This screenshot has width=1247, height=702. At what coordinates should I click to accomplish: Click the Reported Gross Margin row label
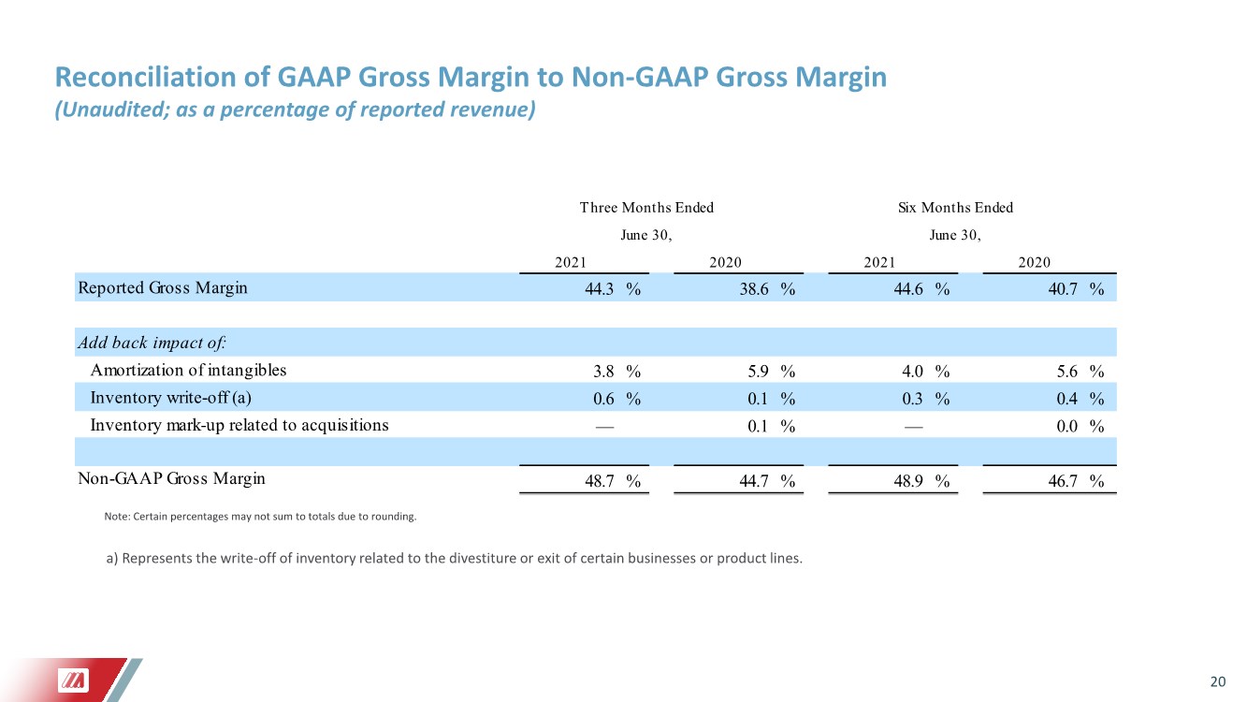tap(163, 288)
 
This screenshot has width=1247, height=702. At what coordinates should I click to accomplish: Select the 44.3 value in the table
tap(599, 289)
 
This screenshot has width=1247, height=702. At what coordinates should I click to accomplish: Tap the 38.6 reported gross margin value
tap(754, 289)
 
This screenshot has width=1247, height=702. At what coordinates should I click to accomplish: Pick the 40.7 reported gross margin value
tap(1063, 289)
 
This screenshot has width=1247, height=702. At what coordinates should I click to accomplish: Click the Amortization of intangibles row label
tap(188, 370)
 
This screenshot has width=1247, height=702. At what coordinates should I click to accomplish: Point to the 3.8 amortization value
tap(603, 371)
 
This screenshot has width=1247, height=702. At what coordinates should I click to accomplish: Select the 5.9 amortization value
tap(759, 371)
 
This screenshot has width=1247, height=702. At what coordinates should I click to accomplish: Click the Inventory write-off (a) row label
tap(171, 397)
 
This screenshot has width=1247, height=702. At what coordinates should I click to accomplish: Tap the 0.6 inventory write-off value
tap(603, 399)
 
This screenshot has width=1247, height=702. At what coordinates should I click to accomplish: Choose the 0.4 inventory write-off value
tap(1067, 399)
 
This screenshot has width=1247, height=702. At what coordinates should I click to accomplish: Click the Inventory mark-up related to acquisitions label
tap(239, 425)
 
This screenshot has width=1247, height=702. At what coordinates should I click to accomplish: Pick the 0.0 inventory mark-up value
tap(1067, 426)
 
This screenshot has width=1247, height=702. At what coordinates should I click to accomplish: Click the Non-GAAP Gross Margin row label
tap(171, 478)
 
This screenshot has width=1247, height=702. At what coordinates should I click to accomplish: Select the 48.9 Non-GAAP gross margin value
tap(908, 481)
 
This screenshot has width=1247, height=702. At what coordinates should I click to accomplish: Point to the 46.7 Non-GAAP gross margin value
tap(1063, 481)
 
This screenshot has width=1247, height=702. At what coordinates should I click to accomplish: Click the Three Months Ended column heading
tap(646, 208)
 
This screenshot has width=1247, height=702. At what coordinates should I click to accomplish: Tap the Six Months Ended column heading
tap(955, 208)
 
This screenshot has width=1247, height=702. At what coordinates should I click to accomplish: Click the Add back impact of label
tap(152, 342)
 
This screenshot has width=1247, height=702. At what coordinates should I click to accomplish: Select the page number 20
tap(1218, 681)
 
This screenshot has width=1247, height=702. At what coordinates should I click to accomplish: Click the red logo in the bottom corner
tap(74, 680)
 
